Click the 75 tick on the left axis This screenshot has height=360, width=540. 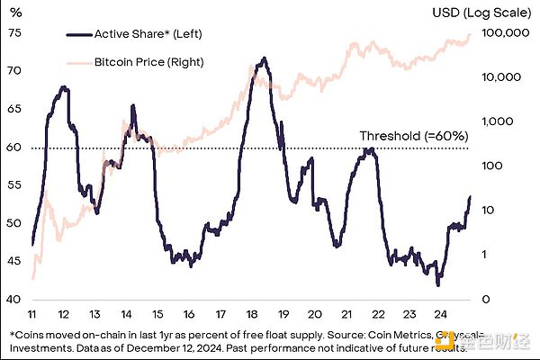pyautogui.click(x=14, y=32)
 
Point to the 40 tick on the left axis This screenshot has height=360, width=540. pyautogui.click(x=14, y=300)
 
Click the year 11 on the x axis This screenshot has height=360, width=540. pyautogui.click(x=33, y=314)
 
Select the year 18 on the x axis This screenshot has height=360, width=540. pyautogui.click(x=254, y=314)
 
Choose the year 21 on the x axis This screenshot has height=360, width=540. pyautogui.click(x=347, y=314)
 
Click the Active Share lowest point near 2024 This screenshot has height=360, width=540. pyautogui.click(x=438, y=285)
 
